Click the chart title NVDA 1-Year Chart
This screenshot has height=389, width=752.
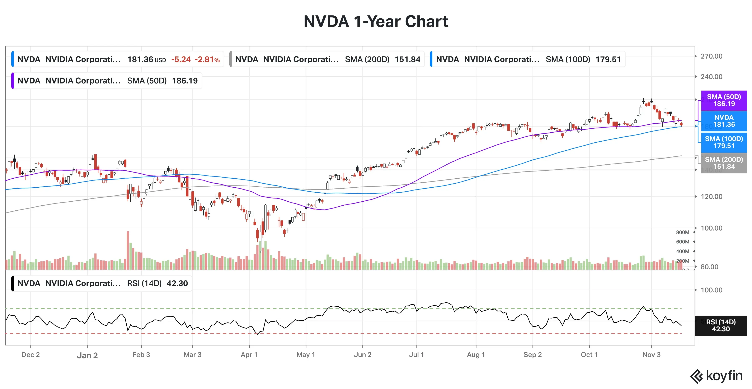(376, 22)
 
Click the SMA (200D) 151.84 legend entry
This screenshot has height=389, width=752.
(327, 59)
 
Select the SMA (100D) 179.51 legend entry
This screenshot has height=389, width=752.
(528, 59)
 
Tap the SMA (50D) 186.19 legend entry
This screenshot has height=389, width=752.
(107, 81)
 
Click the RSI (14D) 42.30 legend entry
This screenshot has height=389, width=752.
(102, 283)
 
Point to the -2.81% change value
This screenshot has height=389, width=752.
(207, 60)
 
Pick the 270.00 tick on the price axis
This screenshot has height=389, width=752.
(711, 56)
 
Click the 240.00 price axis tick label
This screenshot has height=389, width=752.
(711, 77)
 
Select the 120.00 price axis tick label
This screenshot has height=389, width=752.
(711, 196)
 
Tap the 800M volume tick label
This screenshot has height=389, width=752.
(682, 232)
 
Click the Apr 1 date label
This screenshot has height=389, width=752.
(249, 354)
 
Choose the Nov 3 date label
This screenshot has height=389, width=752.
(651, 354)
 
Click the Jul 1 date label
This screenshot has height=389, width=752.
(416, 354)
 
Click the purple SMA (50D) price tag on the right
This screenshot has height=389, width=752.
(724, 100)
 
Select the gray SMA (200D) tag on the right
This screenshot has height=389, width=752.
(724, 163)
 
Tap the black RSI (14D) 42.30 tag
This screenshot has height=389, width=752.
(720, 325)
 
